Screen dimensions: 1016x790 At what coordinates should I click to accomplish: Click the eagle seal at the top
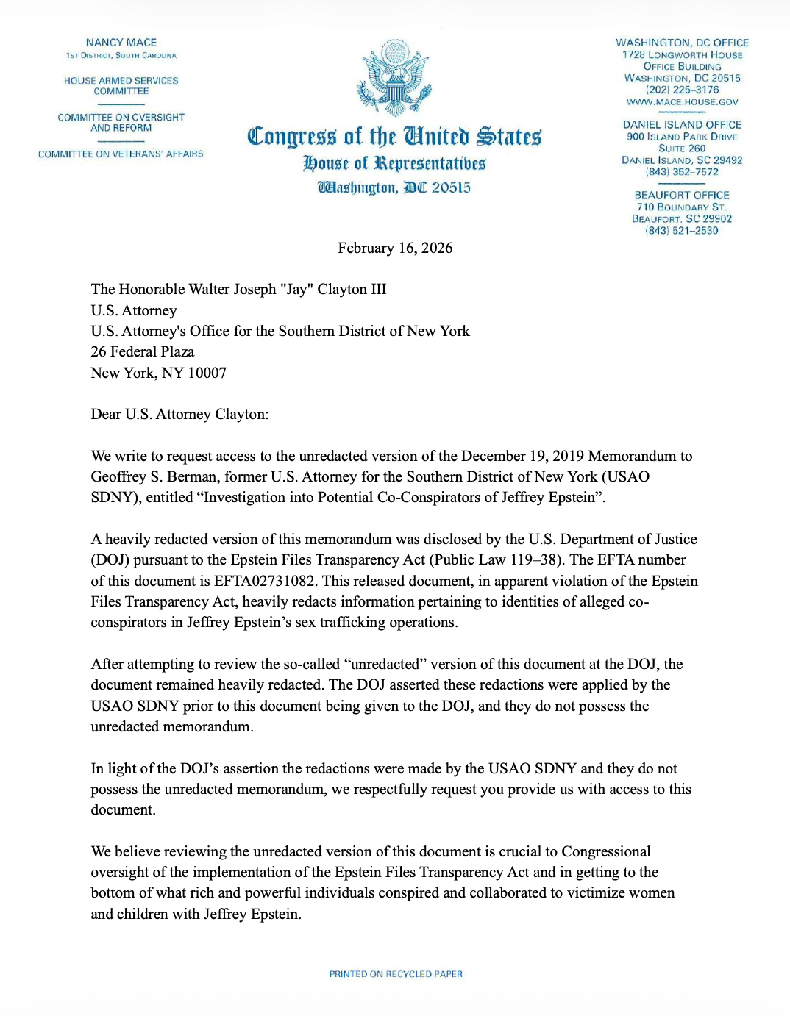394,78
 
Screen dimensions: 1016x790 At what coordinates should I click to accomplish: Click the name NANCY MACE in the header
121,43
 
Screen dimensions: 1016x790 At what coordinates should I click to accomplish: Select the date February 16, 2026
395,248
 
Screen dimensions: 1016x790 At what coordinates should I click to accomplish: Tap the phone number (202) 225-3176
682,90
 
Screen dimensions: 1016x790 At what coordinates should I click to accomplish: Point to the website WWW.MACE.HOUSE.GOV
682,102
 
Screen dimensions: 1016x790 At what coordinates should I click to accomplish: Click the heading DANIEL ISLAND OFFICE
682,125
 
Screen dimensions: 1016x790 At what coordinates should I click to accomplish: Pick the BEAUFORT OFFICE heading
682,196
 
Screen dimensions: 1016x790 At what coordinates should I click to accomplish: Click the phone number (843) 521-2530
682,231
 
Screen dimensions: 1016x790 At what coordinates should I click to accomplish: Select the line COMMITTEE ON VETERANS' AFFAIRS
121,154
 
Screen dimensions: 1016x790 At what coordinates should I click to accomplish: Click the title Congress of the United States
394,137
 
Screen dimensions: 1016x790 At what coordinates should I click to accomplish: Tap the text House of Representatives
394,163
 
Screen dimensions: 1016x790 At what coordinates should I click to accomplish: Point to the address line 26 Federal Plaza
143,352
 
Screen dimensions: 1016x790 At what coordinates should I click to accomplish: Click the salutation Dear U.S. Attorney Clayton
179,415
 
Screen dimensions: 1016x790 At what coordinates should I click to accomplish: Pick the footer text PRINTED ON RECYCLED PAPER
396,974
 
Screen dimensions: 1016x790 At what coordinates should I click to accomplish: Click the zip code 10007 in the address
207,373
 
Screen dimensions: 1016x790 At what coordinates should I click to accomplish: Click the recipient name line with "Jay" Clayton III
238,290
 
